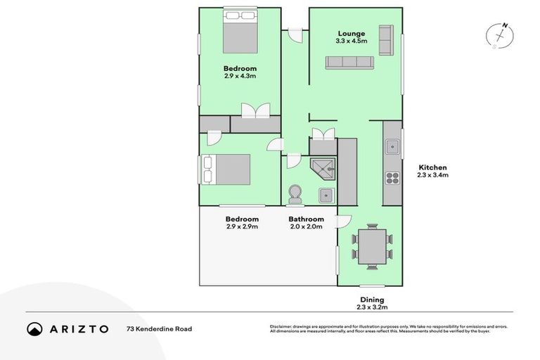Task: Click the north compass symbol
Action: click(499, 35)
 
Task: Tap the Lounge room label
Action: click(351, 33)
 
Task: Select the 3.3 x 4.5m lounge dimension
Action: click(351, 41)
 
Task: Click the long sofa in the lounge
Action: click(349, 63)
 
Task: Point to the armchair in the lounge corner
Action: click(385, 40)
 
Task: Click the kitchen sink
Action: click(391, 147)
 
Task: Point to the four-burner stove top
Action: click(391, 178)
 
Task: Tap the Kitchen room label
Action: click(432, 167)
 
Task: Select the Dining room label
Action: click(372, 300)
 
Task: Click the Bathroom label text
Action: click(306, 219)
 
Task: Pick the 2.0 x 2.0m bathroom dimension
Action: click(306, 226)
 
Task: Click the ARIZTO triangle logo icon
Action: click(34, 328)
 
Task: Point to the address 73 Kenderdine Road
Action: click(159, 328)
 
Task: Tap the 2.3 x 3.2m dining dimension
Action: click(372, 307)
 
